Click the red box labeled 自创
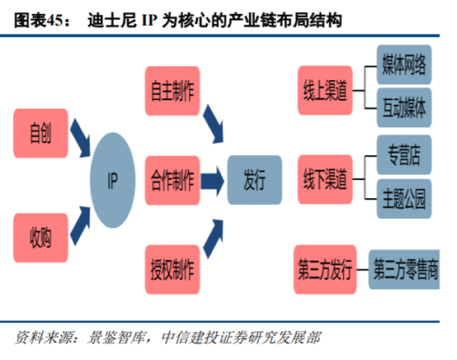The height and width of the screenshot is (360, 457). [x=40, y=132]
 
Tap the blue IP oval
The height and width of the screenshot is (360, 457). [x=115, y=182]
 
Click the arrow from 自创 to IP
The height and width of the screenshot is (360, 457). [x=81, y=140]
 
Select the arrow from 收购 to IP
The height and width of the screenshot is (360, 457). [x=81, y=220]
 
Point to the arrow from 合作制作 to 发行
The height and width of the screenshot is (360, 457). [x=210, y=178]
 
